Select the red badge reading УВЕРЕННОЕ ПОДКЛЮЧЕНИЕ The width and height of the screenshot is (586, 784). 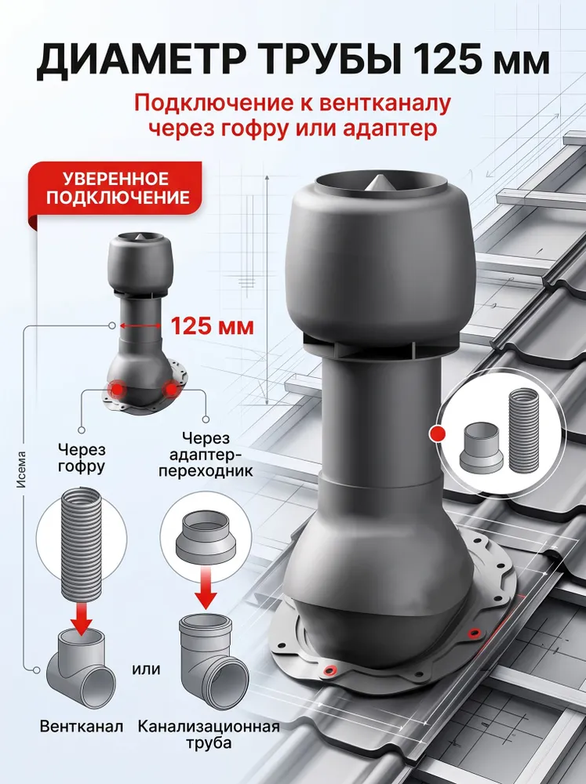tap(116, 188)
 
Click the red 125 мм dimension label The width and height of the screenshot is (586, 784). tap(213, 326)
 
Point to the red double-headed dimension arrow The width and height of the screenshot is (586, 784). tap(140, 326)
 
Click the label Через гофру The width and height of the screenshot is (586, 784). tap(82, 458)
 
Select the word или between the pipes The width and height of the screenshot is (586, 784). tap(146, 669)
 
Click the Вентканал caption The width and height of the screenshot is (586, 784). tap(82, 727)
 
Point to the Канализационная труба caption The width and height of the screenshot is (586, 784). tap(209, 734)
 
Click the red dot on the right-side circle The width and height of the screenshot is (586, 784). tap(438, 434)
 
